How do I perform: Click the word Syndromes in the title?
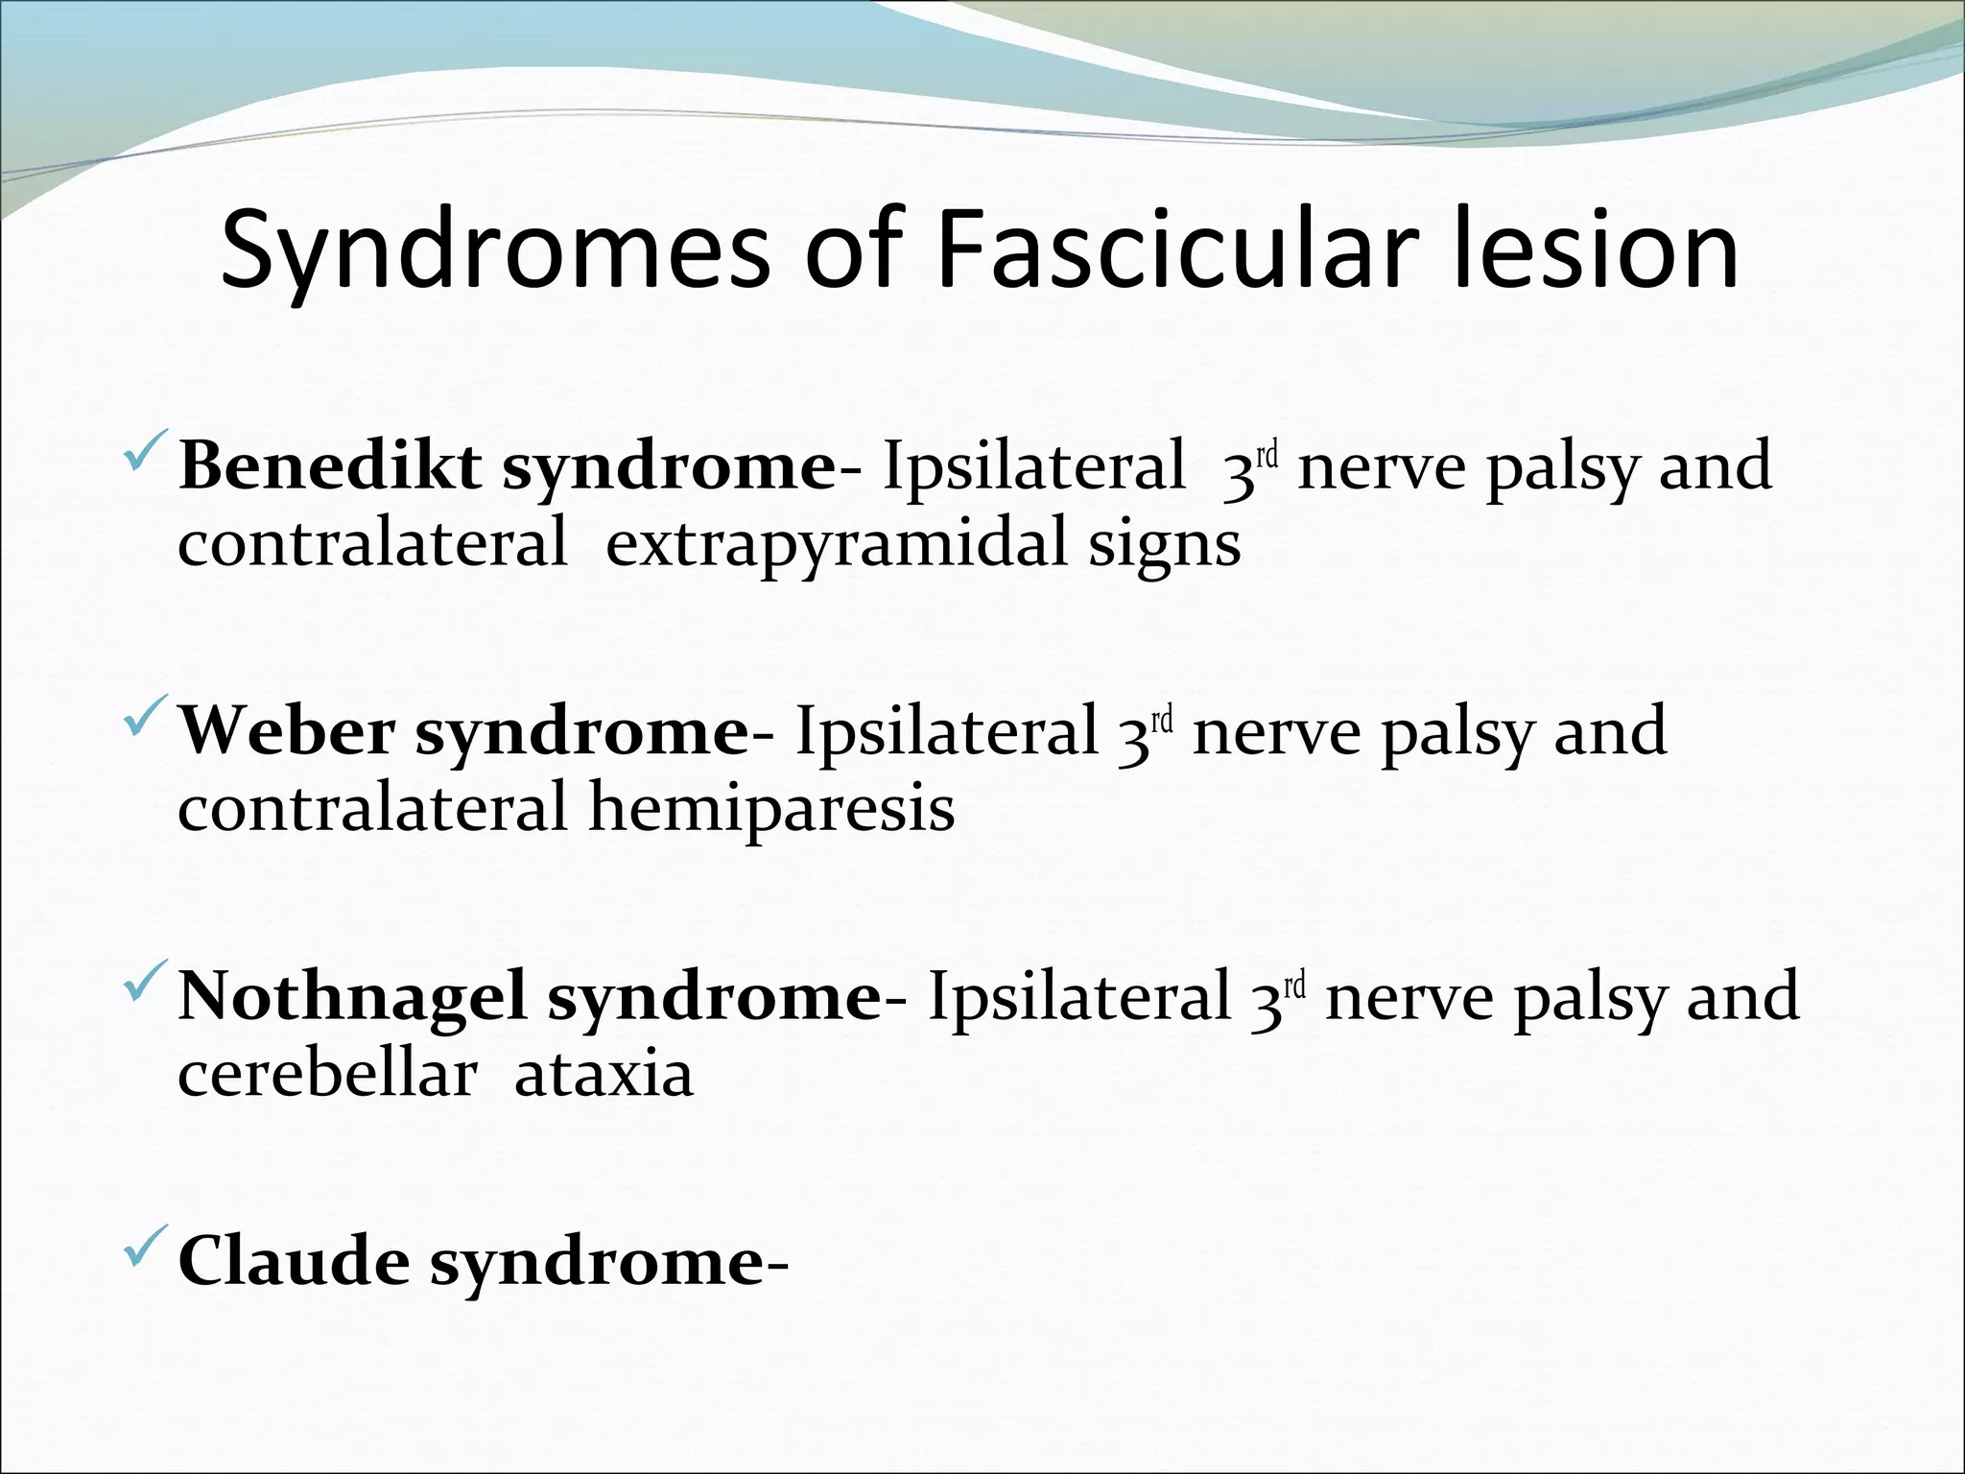tap(494, 251)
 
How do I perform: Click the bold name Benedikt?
tap(330, 467)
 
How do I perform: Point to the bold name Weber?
tap(287, 732)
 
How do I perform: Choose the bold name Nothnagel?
tap(352, 997)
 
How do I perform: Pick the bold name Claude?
tap(293, 1262)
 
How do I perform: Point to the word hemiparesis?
tap(771, 809)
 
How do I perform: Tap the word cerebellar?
tap(327, 1075)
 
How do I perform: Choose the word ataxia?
tap(604, 1075)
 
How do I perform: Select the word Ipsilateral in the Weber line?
tap(946, 732)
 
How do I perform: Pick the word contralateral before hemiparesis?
tap(372, 809)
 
